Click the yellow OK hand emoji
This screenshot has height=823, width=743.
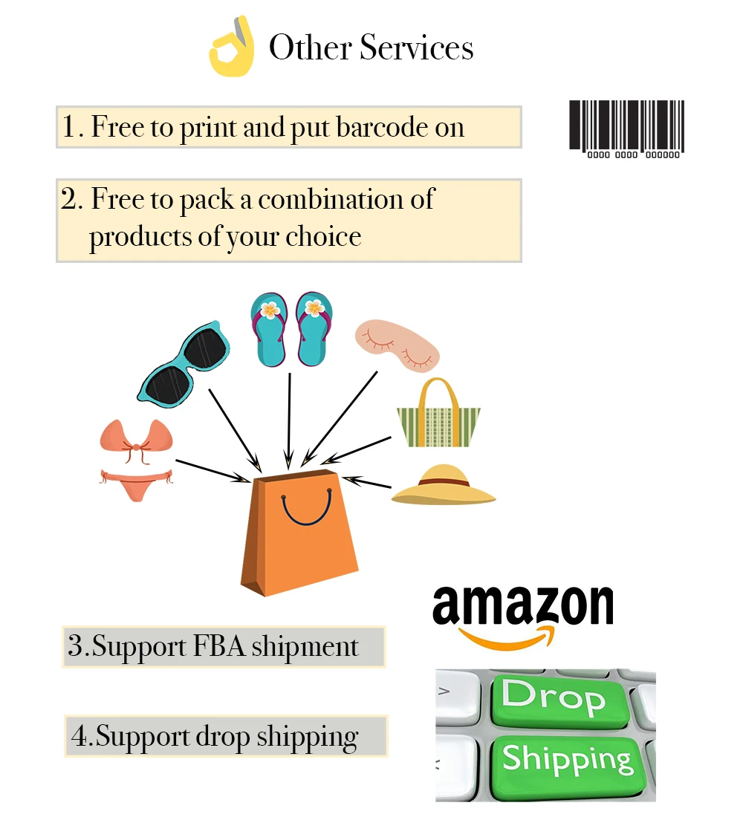231,48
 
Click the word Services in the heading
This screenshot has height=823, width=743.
417,48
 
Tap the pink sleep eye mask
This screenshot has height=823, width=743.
396,344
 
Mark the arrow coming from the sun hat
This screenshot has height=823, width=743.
367,483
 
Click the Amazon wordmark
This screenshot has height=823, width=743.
523,605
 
